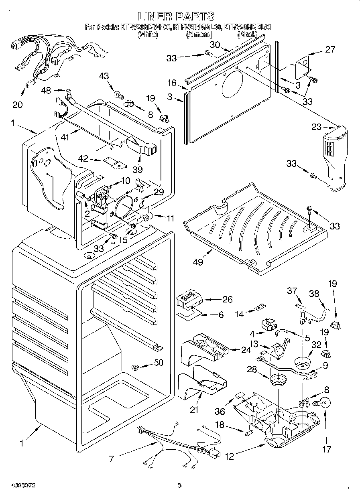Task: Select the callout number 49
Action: (x=198, y=262)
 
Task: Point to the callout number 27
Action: (x=330, y=49)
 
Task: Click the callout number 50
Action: (x=159, y=363)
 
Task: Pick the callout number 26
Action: (x=228, y=299)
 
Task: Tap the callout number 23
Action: (x=317, y=127)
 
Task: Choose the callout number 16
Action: (x=172, y=83)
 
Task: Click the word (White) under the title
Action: (x=148, y=35)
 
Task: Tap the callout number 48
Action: (x=46, y=91)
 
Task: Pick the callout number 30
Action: (x=216, y=45)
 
